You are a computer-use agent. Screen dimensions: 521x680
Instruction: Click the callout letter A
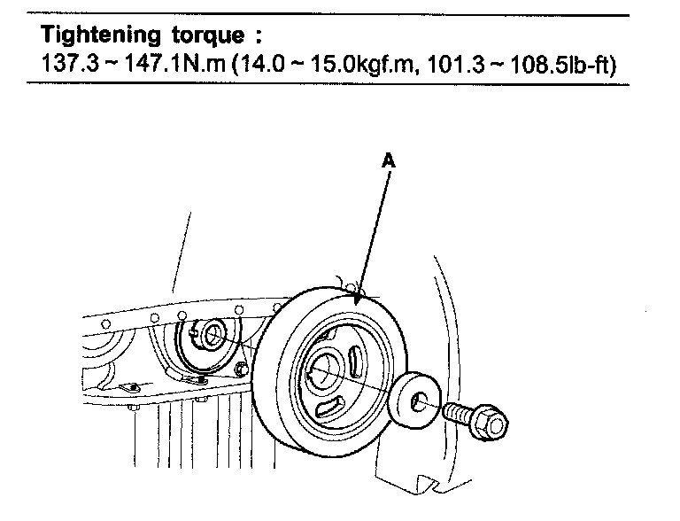[389, 161]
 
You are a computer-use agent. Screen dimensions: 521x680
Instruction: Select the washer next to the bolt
[413, 400]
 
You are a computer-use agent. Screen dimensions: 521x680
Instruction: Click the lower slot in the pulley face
[326, 406]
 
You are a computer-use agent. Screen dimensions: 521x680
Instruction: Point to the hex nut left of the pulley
[240, 369]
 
